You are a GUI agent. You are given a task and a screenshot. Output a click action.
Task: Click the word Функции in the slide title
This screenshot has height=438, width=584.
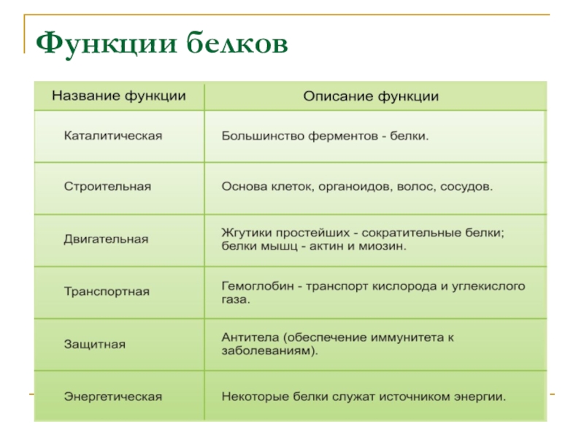coord(106,44)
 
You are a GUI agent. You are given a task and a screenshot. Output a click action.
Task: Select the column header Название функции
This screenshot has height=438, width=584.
coord(119,96)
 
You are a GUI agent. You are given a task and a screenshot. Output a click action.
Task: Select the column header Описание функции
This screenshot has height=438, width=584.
coord(371,96)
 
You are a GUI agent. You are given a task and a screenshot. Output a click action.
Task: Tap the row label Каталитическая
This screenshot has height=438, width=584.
coord(113,136)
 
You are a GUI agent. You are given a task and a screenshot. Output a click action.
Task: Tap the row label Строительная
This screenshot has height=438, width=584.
coord(107,186)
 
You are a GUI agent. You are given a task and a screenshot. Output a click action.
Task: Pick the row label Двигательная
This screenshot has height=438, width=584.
coord(106,239)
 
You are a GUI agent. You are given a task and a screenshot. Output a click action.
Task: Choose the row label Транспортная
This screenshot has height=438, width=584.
coord(107,291)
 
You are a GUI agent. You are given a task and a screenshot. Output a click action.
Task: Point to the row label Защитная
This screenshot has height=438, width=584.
coord(95,344)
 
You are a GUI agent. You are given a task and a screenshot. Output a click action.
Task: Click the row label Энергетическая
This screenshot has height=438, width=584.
coord(113,396)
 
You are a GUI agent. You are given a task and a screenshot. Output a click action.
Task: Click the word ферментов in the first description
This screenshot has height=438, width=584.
coord(343,136)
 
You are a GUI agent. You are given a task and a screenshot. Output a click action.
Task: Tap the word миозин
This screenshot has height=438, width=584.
coord(383,246)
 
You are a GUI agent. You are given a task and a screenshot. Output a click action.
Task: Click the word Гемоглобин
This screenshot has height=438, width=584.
coord(258,286)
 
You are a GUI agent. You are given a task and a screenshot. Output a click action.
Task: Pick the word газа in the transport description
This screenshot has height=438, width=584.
coord(236,299)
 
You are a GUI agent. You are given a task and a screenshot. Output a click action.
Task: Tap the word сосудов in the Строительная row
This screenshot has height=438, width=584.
coord(466,187)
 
